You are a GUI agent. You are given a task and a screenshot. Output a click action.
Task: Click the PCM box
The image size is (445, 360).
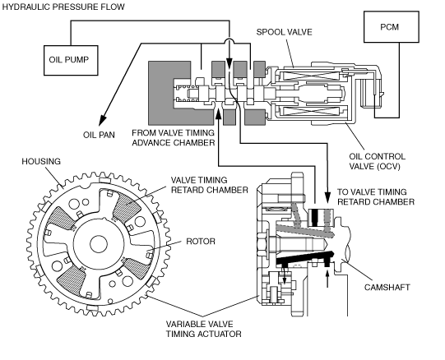392,27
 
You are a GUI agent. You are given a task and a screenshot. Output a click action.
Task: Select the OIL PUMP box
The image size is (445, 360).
71,60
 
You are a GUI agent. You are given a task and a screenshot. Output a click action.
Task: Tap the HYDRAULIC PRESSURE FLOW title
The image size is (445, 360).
63,7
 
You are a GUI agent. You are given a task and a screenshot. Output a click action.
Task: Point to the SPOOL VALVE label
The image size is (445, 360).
284,32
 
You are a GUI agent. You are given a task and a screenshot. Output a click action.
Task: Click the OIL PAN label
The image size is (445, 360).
99,135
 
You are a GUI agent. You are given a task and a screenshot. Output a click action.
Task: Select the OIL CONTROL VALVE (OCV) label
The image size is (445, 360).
377,161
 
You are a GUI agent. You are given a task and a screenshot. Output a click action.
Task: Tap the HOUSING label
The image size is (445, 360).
41,161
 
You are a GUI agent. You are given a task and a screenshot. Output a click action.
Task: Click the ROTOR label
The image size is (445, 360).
201,241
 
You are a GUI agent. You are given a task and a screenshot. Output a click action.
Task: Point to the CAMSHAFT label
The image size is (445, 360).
387,287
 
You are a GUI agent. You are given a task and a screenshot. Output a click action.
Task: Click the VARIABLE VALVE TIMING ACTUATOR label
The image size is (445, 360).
203,329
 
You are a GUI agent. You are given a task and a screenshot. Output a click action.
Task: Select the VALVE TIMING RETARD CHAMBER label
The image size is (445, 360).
210,185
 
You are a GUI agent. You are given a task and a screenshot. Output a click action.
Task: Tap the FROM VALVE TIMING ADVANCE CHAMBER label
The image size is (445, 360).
173,137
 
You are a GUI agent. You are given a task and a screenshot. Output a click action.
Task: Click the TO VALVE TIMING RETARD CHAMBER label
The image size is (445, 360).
376,197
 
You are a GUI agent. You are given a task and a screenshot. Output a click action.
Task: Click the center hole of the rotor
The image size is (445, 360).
99,243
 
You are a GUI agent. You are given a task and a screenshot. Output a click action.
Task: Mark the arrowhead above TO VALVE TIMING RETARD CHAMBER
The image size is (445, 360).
327,197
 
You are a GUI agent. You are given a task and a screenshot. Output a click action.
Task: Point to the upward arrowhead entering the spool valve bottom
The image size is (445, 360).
218,114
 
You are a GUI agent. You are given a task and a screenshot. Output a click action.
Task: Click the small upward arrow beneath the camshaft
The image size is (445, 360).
327,279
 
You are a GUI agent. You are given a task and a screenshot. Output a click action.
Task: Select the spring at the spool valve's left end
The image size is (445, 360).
187,93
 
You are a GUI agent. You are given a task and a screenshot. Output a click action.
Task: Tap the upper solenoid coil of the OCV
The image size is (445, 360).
313,76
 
